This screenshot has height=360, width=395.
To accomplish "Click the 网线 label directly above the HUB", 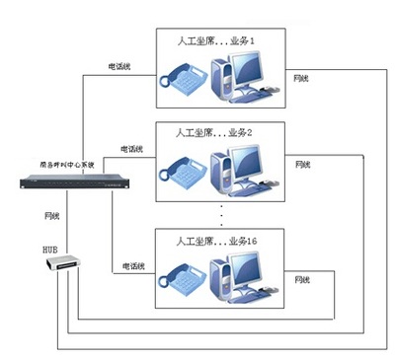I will pyautogui.click(x=54, y=213).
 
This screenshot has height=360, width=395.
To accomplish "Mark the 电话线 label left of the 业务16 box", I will pyautogui.click(x=134, y=266).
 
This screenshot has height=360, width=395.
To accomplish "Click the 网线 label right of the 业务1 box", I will pyautogui.click(x=304, y=77).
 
